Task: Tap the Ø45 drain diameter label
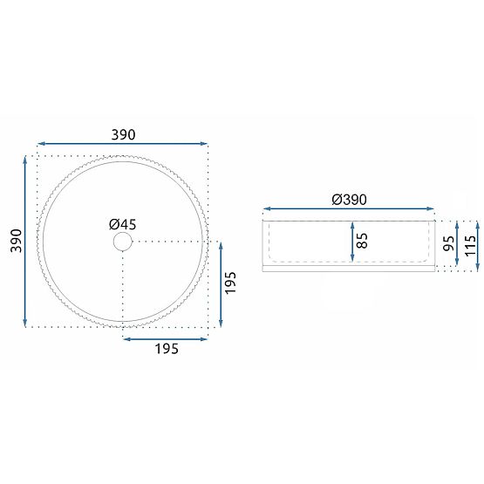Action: point(123,222)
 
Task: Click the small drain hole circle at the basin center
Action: point(123,242)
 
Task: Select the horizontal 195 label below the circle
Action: point(166,349)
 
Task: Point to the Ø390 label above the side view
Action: point(349,199)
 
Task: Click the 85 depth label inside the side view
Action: point(363,240)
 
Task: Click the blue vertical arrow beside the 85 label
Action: point(351,241)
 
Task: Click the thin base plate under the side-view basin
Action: point(349,268)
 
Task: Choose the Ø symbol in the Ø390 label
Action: point(336,199)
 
